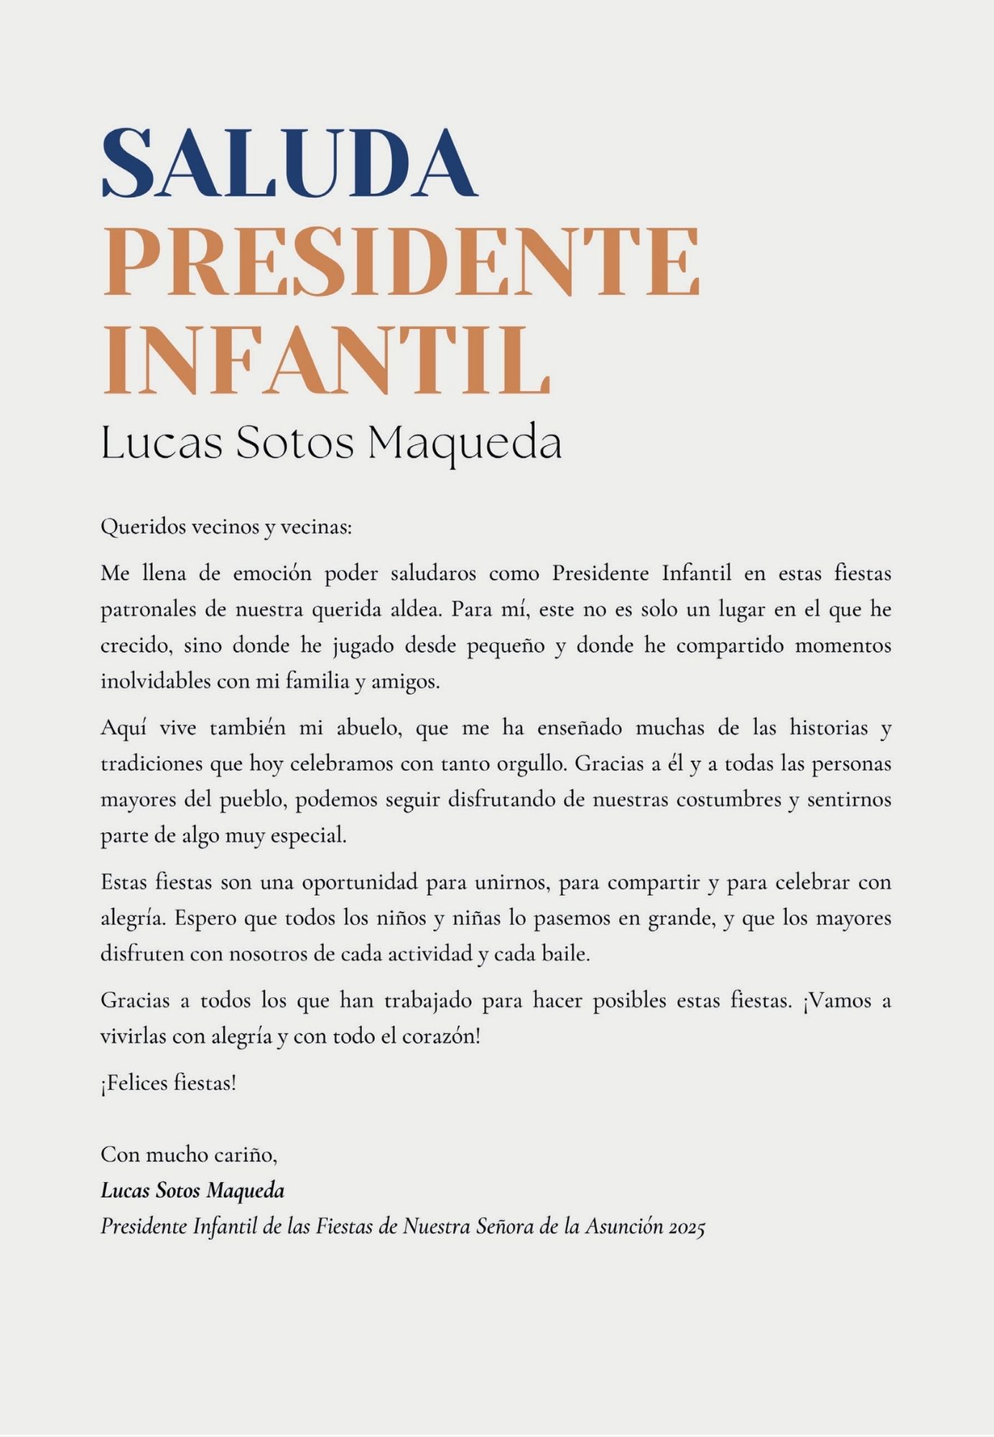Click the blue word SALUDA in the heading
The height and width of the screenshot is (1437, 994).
click(289, 162)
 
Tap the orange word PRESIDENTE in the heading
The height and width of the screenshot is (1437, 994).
click(401, 262)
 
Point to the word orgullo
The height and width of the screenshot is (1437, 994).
click(532, 764)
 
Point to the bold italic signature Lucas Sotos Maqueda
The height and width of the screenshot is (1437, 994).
click(192, 1191)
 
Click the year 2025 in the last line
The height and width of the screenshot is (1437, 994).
click(686, 1227)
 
